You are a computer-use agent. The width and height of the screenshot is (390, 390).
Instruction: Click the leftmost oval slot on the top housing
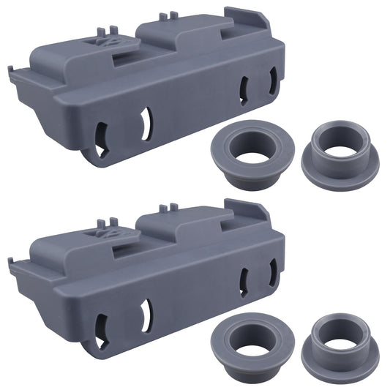[101, 135]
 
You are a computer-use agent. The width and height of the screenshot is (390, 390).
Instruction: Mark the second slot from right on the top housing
[244, 89]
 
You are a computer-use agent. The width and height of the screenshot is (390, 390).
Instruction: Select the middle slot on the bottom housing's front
[146, 312]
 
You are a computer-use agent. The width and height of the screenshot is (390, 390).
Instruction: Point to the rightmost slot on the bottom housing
[272, 273]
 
